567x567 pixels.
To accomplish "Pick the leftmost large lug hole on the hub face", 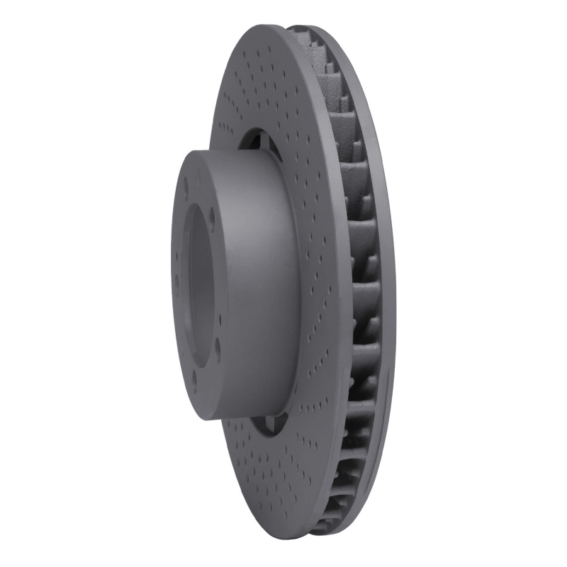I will point(175,291).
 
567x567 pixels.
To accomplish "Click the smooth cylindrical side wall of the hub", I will point(255,283).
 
